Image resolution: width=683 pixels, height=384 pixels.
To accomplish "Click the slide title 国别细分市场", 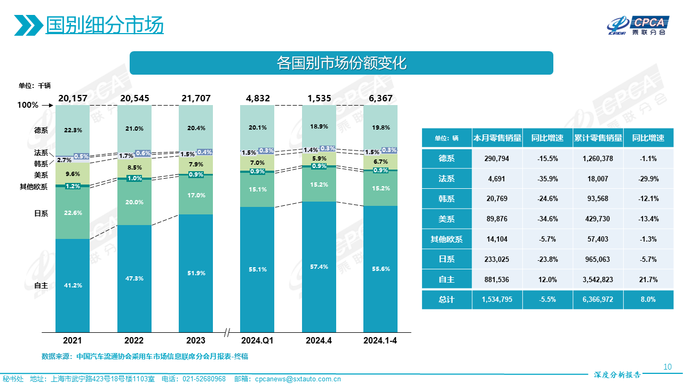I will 105,25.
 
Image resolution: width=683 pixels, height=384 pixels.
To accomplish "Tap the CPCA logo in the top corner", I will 638,25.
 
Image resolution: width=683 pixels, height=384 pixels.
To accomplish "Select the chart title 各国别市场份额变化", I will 341,63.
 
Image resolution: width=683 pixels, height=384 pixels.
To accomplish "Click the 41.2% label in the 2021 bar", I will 73,285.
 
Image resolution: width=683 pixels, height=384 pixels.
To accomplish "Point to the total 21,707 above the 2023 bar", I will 196,98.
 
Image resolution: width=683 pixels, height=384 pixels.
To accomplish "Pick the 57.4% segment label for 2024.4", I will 319,266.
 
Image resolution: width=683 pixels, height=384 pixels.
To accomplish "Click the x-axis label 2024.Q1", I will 257,340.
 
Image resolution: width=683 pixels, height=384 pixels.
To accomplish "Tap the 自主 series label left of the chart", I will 41,285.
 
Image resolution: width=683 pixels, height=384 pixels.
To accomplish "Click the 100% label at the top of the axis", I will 28,105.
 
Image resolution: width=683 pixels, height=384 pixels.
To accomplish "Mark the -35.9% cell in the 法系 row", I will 547,179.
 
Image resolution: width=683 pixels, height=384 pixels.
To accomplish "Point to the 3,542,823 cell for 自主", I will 598,279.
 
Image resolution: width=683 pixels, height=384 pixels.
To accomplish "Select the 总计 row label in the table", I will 446,300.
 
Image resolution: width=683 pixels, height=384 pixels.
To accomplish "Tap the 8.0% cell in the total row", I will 648,300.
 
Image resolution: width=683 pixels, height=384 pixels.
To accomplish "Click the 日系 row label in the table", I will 446,259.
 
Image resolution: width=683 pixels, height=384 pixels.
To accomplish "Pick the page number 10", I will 667,367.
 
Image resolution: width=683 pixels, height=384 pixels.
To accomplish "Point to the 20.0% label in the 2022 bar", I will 134,202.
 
